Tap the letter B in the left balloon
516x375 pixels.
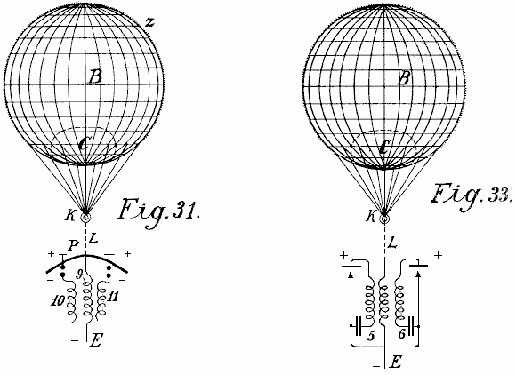(95, 77)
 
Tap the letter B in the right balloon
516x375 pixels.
(403, 78)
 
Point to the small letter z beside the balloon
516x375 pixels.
(149, 22)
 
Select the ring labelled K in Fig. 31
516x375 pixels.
(85, 217)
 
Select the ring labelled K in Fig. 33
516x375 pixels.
(384, 219)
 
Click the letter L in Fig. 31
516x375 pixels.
(93, 238)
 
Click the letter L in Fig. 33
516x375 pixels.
(393, 243)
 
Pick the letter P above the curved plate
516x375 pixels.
(74, 246)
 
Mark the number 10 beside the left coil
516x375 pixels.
(57, 301)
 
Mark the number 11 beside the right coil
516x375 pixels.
(113, 297)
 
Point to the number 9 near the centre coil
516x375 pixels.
(79, 275)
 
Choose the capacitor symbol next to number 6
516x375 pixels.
(411, 326)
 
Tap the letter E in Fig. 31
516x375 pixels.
(96, 340)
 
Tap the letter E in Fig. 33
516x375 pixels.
(395, 363)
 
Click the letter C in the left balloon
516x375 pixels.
(84, 144)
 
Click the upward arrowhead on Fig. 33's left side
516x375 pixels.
(351, 276)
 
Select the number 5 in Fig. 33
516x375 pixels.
(371, 336)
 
